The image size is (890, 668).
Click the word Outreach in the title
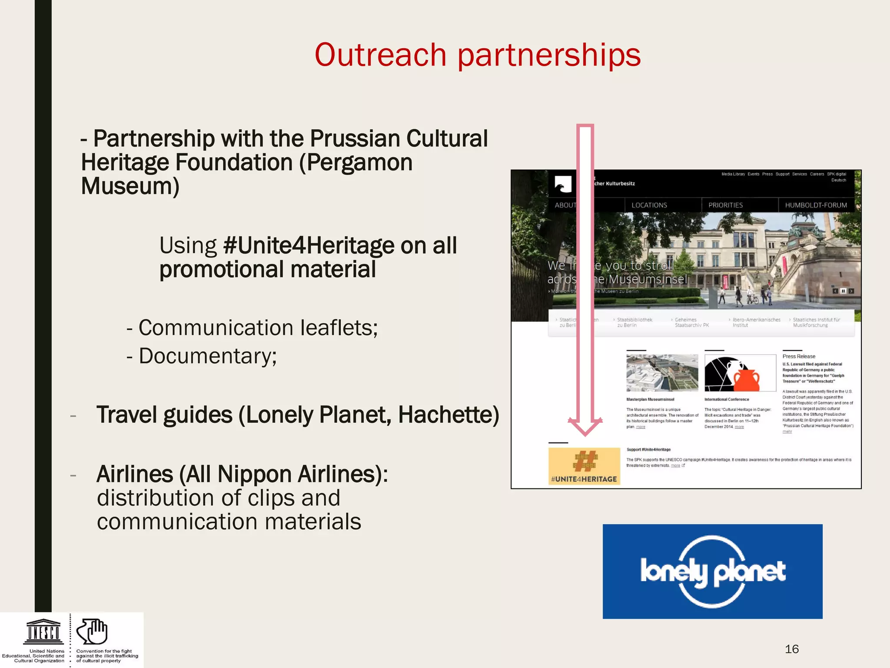click(x=380, y=55)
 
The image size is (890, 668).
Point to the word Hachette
click(x=448, y=415)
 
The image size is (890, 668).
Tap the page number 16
click(x=791, y=649)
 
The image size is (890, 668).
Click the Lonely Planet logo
click(x=712, y=571)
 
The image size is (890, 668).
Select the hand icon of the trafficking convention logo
click(x=92, y=631)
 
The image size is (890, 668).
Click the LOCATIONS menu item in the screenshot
click(x=649, y=205)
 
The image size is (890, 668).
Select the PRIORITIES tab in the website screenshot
click(x=725, y=205)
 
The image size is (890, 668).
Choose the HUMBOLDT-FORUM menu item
click(x=816, y=205)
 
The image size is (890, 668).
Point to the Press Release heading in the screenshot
click(x=799, y=356)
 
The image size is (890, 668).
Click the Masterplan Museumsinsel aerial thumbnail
click(x=662, y=373)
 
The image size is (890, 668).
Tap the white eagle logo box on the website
click(x=563, y=184)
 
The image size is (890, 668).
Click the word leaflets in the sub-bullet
click(x=339, y=328)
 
